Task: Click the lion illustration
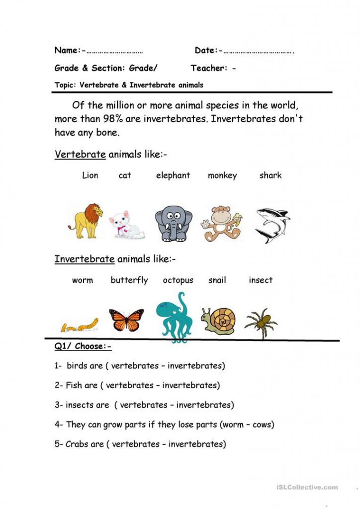[86, 220]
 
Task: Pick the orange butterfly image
[126, 320]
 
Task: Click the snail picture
[218, 320]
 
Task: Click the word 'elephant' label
[173, 175]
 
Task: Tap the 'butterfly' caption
[129, 280]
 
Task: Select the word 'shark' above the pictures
[270, 175]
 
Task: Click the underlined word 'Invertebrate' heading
[85, 259]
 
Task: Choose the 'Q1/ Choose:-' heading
[83, 346]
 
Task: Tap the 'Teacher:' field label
[209, 68]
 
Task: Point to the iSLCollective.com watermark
[305, 487]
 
